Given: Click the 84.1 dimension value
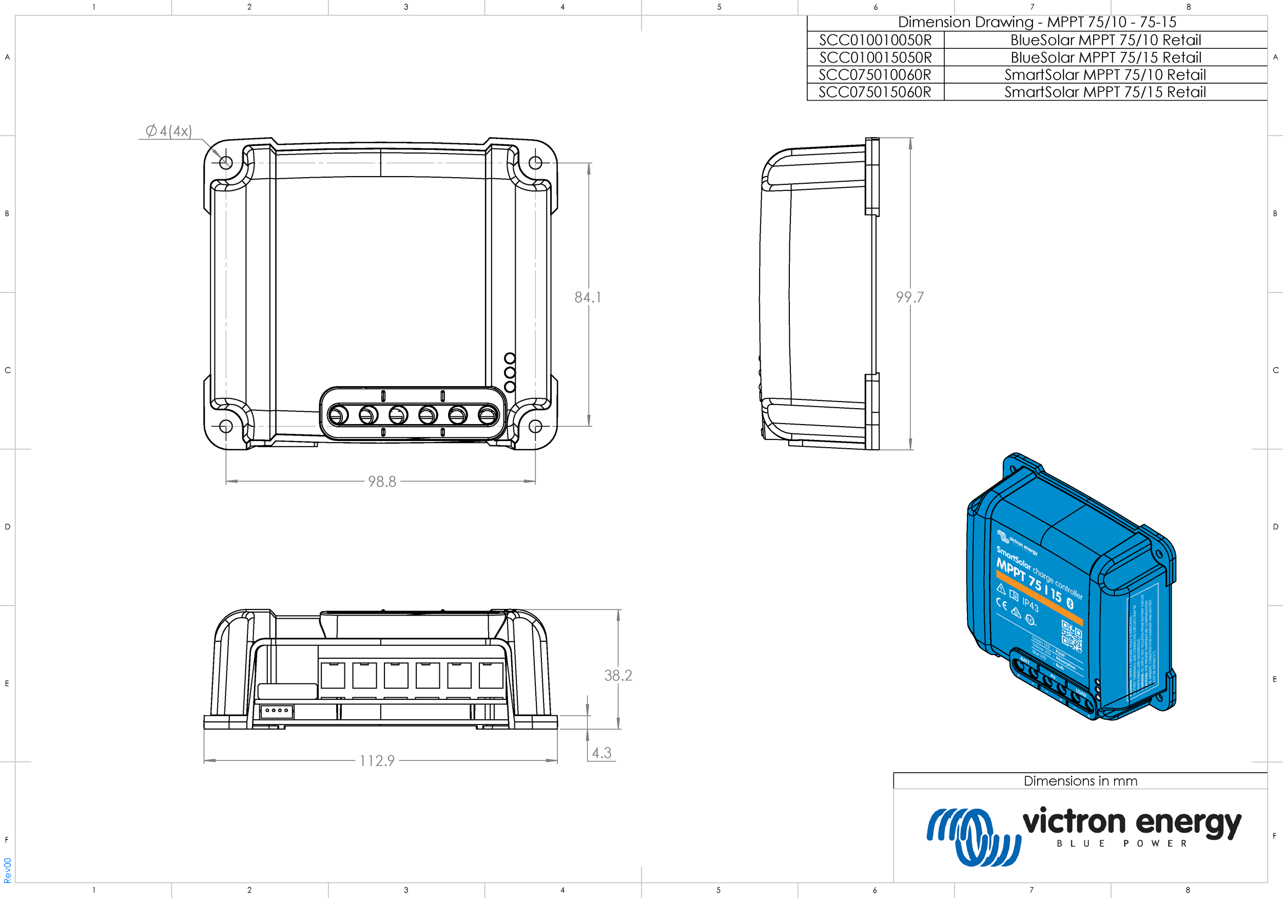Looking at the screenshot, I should pyautogui.click(x=588, y=297).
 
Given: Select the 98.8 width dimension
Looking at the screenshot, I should pyautogui.click(x=382, y=482).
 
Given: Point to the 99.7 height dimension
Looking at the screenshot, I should pyautogui.click(x=910, y=297).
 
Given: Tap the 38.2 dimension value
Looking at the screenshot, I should pyautogui.click(x=618, y=676).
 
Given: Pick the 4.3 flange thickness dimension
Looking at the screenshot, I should pyautogui.click(x=602, y=753).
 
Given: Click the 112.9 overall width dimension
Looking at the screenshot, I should pyautogui.click(x=377, y=760).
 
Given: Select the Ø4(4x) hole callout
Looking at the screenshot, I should pyautogui.click(x=169, y=131).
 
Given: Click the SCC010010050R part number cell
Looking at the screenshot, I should pyautogui.click(x=876, y=40).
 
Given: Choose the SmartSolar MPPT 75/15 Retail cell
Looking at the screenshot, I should pyautogui.click(x=1105, y=92).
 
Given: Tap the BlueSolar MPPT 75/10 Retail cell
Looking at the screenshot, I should pyautogui.click(x=1105, y=40).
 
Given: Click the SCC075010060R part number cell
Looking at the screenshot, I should pyautogui.click(x=876, y=75).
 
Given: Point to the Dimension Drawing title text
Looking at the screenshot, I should pyautogui.click(x=1037, y=23).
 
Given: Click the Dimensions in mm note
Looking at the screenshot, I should pyautogui.click(x=1080, y=781).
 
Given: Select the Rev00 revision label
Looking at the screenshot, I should pyautogui.click(x=7, y=870).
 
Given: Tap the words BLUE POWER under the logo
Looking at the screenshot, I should pyautogui.click(x=1121, y=844).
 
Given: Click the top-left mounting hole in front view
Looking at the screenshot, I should pyautogui.click(x=226, y=163).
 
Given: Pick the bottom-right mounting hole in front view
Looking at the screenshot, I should pyautogui.click(x=535, y=426).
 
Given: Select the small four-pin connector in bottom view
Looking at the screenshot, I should pyautogui.click(x=277, y=711).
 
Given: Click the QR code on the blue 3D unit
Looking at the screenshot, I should pyautogui.click(x=1071, y=636).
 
